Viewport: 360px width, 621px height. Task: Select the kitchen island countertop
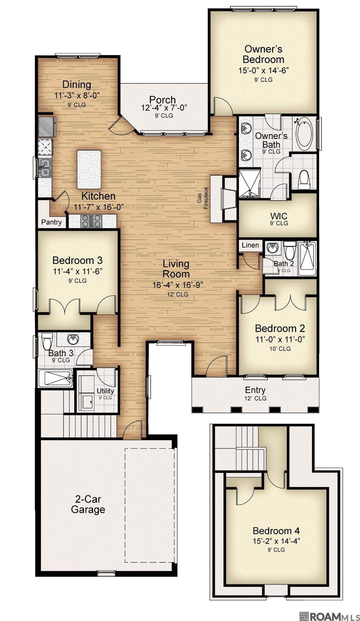coord(89,169)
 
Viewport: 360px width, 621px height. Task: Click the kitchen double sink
coord(45,168)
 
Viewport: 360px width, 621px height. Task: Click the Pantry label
coord(52,222)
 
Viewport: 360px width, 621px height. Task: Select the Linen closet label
coord(250,245)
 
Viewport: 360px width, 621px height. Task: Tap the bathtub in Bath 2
coord(307,258)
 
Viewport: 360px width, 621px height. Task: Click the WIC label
coord(279,216)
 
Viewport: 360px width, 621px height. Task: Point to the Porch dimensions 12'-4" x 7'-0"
coord(164,108)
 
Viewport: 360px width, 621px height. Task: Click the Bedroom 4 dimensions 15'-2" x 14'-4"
coord(276,541)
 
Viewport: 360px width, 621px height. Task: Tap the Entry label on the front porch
coord(255,390)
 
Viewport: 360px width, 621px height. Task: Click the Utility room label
coord(105,391)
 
